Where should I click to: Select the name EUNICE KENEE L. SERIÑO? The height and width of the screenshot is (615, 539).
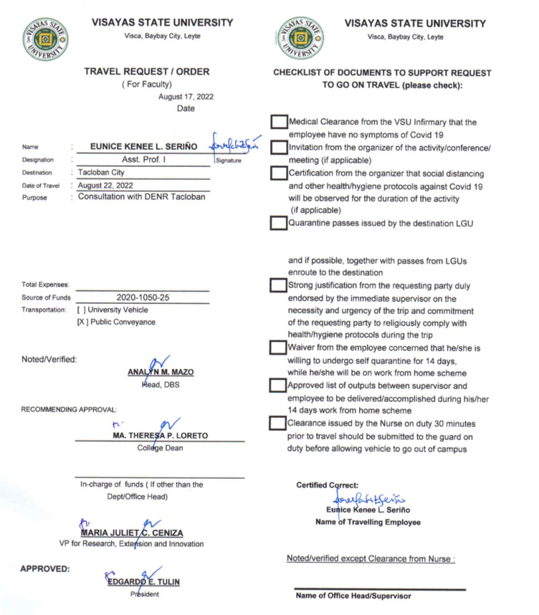145,147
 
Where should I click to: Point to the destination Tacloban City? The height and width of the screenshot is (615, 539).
102,173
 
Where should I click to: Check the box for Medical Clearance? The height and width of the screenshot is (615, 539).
279,123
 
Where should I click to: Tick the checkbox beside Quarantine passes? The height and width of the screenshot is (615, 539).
279,222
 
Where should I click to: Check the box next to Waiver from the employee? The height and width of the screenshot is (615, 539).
279,348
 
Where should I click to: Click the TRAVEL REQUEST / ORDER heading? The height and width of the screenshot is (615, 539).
147,72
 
